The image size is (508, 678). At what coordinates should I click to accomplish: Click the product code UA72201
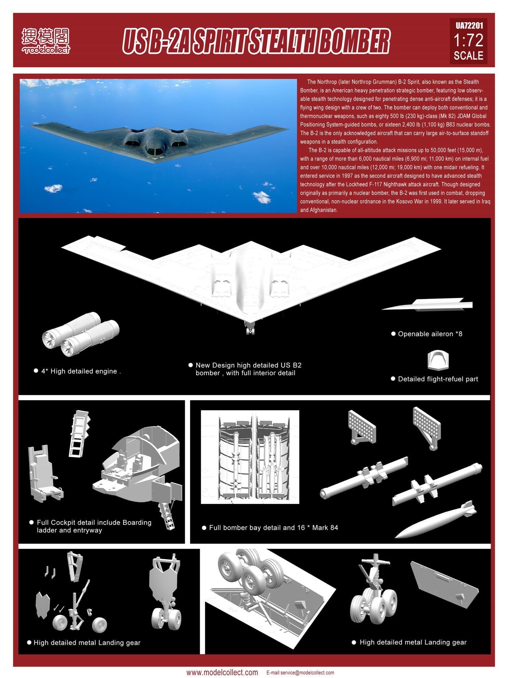(468, 26)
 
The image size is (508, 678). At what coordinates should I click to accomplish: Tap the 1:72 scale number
(468, 40)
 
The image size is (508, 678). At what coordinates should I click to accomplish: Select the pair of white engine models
(81, 334)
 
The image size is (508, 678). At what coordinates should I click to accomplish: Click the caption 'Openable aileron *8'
(430, 334)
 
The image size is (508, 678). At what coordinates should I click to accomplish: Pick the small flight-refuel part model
(438, 360)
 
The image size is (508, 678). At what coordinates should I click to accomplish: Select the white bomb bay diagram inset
(250, 457)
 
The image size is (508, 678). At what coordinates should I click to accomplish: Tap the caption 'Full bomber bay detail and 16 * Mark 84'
(273, 528)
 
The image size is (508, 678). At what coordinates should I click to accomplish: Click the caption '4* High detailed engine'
(81, 371)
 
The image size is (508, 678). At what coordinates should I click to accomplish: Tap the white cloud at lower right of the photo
(262, 197)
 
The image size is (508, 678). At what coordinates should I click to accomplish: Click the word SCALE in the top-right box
(468, 55)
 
